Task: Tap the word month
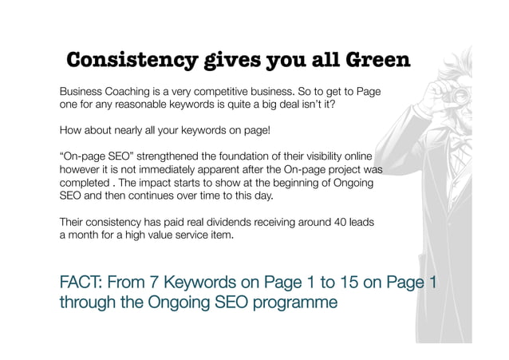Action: click(87, 235)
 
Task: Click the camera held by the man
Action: click(436, 94)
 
